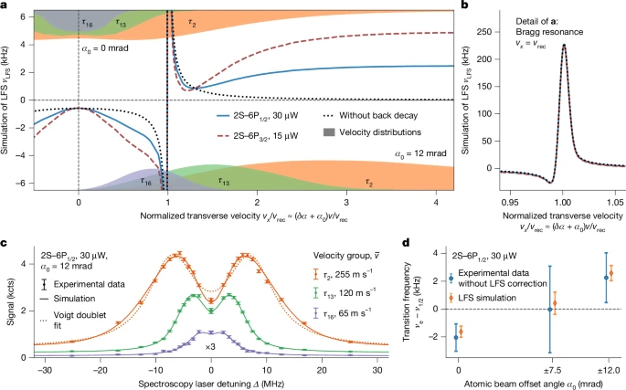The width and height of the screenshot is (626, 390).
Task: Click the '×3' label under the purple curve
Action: click(211, 347)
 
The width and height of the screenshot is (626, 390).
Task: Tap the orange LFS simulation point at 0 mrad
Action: click(460, 332)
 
